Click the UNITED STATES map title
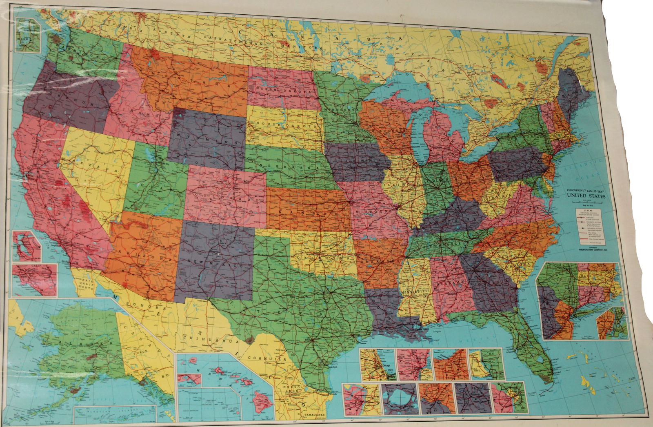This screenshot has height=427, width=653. (585, 196)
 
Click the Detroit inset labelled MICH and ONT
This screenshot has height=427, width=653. (413, 365)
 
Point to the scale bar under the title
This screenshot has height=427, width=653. (585, 204)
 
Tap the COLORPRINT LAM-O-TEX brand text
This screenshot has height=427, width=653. (585, 191)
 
